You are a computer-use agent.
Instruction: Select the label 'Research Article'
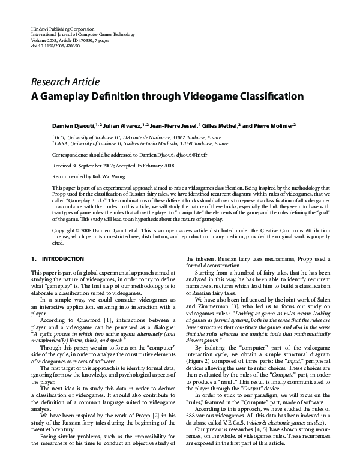(x=65, y=82)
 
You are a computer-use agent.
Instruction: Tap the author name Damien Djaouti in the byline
(x=71, y=126)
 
